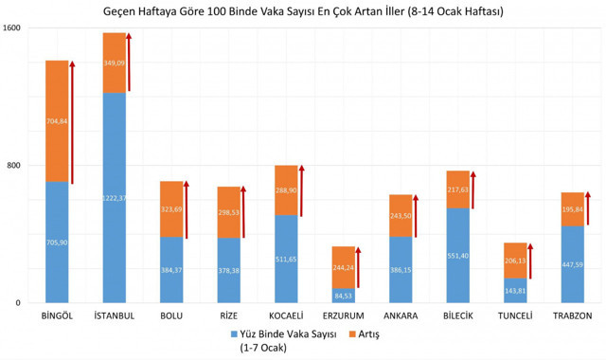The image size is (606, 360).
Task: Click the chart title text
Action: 303,12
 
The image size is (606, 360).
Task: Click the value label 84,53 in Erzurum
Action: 343,296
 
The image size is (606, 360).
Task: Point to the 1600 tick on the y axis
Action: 12,28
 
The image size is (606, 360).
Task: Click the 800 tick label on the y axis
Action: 16,166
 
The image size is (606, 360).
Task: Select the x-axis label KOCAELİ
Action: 286,315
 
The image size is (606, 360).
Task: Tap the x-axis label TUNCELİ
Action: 515,315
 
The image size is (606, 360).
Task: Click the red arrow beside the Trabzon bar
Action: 588,207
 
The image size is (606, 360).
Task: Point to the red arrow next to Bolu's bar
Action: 187,208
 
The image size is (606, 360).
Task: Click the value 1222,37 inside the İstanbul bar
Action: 114,197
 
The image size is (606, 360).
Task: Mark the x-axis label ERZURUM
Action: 343,315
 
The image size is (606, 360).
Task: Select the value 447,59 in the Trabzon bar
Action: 572,264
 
